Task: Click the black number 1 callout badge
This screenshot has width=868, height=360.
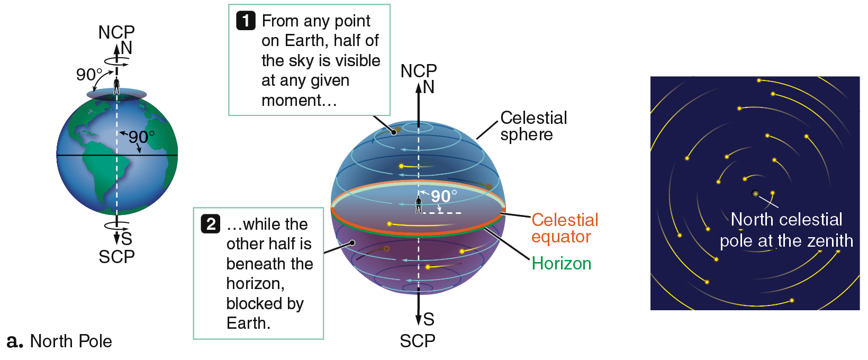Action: pos(246,21)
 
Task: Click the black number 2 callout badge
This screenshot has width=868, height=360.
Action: pos(211,224)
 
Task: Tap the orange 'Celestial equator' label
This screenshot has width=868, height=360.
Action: pos(565,228)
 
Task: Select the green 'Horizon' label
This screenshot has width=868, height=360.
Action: pos(561,264)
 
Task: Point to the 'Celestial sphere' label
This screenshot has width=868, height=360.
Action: pos(534,126)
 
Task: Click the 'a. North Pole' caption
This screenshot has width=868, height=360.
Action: pos(59,341)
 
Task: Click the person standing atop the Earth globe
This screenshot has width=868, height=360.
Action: pos(116,85)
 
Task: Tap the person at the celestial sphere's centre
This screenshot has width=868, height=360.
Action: pos(419,204)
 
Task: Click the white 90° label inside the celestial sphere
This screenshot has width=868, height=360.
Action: pos(444,196)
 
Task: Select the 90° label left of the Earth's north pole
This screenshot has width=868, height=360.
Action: pos(89,75)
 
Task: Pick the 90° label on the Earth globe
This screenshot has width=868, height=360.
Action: pos(141,137)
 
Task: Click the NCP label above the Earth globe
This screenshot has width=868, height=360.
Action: pos(116,32)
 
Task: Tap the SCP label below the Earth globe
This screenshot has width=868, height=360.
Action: pos(116,257)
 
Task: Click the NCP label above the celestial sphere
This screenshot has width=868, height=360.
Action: pos(419,71)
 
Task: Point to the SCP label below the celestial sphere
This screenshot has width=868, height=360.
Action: pos(418,341)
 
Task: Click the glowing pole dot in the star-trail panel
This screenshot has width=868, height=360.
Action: pos(755,193)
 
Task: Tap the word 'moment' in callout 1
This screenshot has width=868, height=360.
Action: pos(292,101)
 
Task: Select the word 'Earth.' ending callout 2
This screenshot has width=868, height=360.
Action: pos(248,323)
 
